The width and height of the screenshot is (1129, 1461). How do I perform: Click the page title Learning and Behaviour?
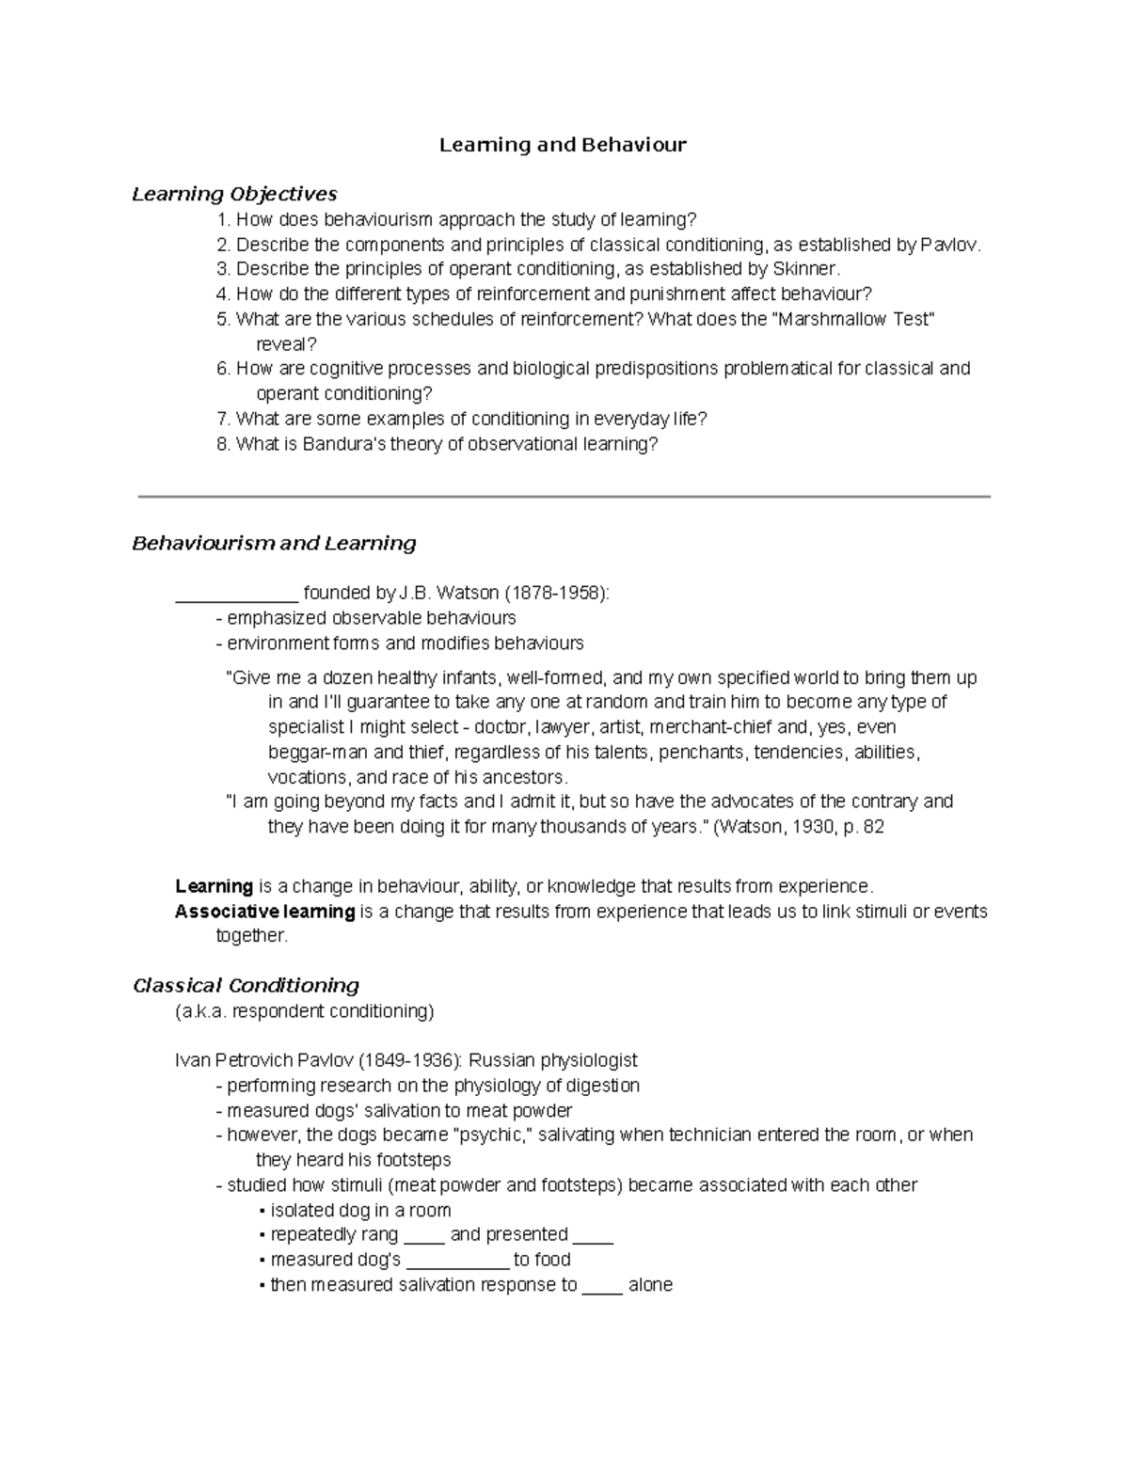click(x=563, y=145)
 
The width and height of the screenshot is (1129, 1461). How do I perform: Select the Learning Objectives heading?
click(x=234, y=194)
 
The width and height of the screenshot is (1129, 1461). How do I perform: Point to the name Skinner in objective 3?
click(x=803, y=269)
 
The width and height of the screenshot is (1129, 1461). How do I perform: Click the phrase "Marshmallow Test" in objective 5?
click(x=853, y=319)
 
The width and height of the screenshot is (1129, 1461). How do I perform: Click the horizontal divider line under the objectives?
click(x=564, y=496)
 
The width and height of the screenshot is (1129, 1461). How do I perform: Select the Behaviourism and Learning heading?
click(x=274, y=544)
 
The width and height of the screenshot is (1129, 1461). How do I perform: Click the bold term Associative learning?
click(x=264, y=911)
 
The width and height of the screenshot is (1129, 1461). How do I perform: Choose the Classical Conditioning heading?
click(x=246, y=986)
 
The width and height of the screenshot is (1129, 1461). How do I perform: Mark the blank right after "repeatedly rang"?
click(x=423, y=1236)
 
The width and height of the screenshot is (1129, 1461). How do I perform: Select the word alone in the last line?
click(x=650, y=1285)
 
